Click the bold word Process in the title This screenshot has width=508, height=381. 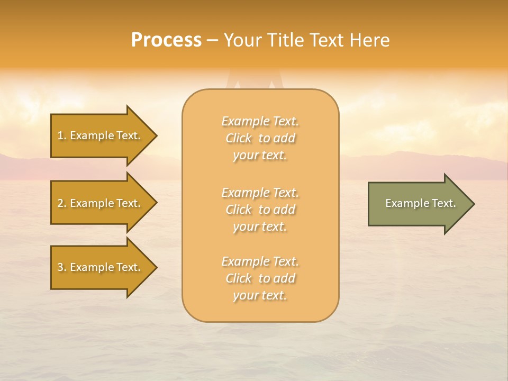[166, 40]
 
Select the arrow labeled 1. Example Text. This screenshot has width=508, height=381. [101, 135]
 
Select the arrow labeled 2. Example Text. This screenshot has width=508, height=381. [101, 203]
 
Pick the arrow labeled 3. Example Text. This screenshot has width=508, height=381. [101, 267]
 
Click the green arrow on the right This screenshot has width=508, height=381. [418, 204]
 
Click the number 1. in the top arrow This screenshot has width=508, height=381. [62, 135]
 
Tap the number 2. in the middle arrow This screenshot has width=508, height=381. [62, 203]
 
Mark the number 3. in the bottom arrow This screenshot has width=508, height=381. [62, 267]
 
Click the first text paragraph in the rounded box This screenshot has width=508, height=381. [260, 138]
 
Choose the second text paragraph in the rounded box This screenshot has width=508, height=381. [260, 210]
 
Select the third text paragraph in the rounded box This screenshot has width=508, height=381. [260, 278]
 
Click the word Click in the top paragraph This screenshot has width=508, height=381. [239, 138]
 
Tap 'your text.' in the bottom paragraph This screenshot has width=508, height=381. [260, 295]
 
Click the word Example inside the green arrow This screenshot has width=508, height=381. [404, 203]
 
